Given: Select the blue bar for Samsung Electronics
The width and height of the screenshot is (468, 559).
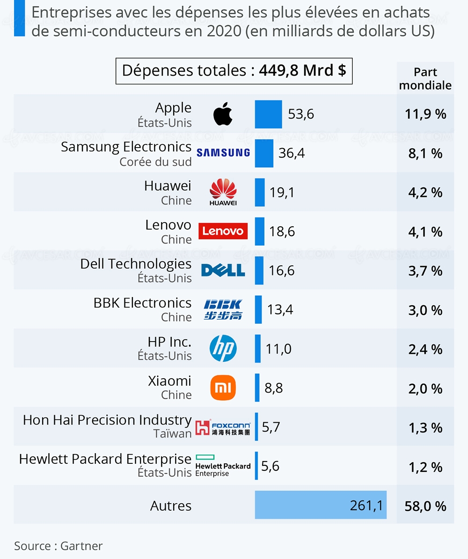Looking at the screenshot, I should tap(264, 153).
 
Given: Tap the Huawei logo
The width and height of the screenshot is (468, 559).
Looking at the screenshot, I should tap(223, 192).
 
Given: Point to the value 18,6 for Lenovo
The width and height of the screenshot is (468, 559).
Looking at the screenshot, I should tap(282, 231).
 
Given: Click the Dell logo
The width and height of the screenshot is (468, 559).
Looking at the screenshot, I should tap(223, 270).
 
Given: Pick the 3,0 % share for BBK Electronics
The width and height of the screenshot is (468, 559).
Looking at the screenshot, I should tap(425, 310).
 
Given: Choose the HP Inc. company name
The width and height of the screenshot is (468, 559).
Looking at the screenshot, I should tap(169, 342).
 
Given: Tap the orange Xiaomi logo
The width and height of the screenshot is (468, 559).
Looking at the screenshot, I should tap(223, 388).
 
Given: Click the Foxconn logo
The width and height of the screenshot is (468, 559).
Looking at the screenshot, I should tap(223, 427).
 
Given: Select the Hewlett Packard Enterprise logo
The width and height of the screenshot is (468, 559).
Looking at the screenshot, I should tap(223, 466).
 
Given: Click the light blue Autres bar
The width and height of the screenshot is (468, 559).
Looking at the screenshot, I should tap(321, 505).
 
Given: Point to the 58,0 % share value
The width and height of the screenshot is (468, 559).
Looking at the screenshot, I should tap(425, 506).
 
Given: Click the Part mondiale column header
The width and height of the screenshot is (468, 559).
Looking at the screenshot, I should tap(425, 79).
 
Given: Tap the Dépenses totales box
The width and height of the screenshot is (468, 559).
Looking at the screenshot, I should tap(234, 71).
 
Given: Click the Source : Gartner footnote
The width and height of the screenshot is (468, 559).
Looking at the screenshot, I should tap(58, 546).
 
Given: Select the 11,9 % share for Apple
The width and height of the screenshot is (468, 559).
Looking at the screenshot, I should tap(425, 114).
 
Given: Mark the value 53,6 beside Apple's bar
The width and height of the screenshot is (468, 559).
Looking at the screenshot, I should tap(301, 114).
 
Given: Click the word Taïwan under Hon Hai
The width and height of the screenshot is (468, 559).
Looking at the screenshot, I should tap(173, 434).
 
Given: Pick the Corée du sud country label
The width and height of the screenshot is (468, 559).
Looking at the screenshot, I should tap(155, 162).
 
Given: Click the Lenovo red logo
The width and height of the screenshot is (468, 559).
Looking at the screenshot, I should tap(223, 231).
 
